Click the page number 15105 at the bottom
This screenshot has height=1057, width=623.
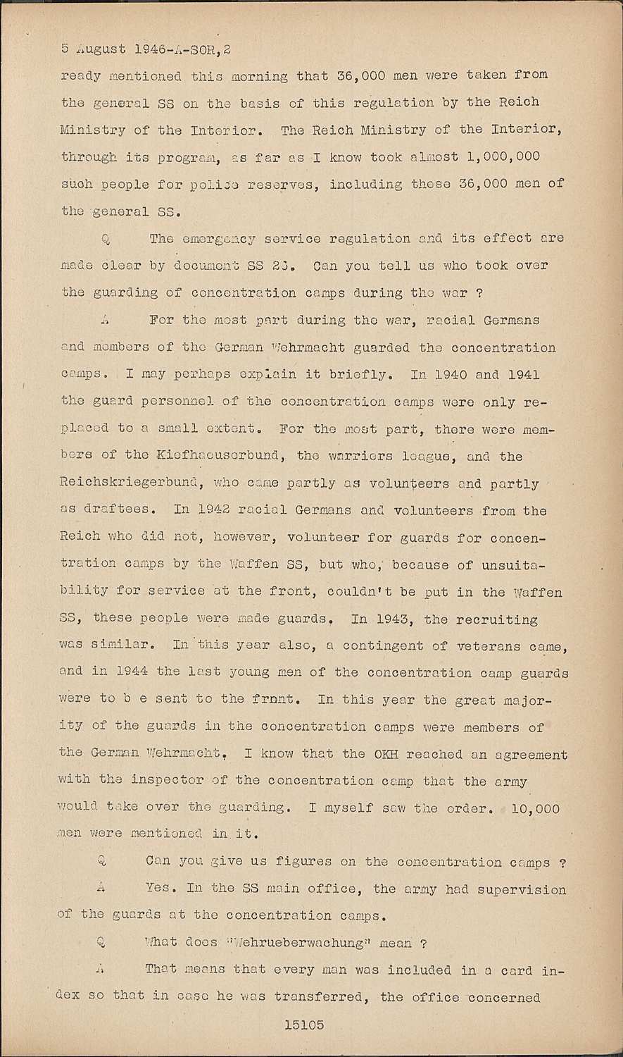[x=304, y=1025]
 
